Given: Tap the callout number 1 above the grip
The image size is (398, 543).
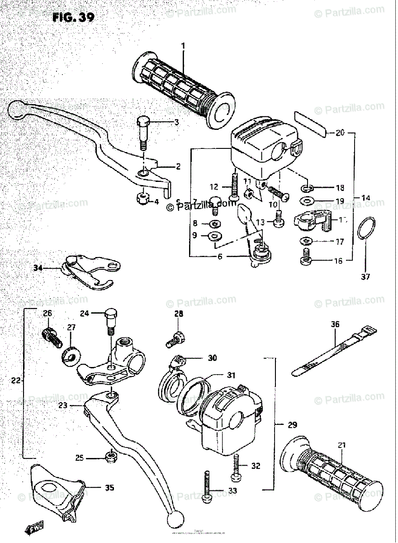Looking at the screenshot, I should (x=183, y=46).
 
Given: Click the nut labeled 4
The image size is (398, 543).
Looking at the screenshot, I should (x=144, y=198).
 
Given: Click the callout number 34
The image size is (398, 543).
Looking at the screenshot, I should (x=38, y=268).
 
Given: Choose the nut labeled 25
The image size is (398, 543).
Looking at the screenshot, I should (x=109, y=458).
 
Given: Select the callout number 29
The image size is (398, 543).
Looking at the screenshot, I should (x=293, y=425).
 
